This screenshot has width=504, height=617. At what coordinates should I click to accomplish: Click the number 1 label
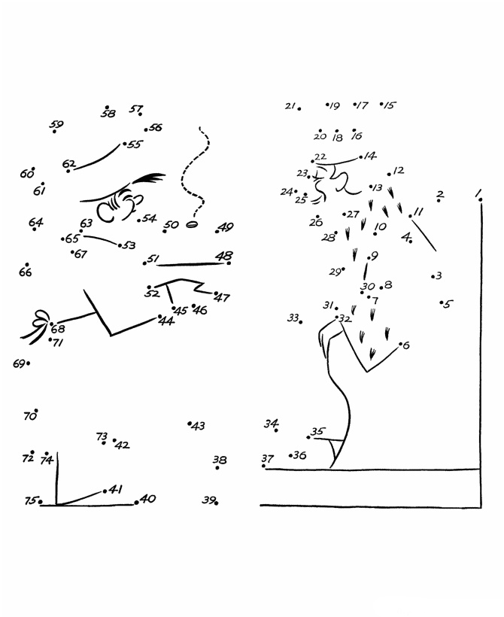coord(478,194)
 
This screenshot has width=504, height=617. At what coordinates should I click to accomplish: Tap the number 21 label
coord(290,106)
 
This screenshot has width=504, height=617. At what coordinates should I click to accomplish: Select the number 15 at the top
coord(389,105)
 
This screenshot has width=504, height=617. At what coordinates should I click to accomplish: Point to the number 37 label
coord(267,457)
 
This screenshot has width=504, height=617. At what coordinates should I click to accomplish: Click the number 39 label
coord(208,500)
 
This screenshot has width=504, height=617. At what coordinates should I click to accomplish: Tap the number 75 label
coord(30,501)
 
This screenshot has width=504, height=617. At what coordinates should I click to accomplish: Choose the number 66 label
coord(25,272)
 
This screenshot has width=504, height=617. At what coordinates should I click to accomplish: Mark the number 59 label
coord(56,125)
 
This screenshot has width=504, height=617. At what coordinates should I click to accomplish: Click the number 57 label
coord(135,109)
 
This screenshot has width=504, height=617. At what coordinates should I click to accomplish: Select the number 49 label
coord(226,226)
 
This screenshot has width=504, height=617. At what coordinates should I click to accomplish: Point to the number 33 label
coord(293,318)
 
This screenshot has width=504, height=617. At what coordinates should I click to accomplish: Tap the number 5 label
coord(448,305)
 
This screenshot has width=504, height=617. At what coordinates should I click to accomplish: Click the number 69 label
coord(19,363)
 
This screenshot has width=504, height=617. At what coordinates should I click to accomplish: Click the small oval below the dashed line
coord(191,224)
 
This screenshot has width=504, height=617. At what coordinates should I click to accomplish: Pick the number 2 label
coord(440,194)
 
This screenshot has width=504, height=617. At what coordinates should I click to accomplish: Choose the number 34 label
coord(271,424)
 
